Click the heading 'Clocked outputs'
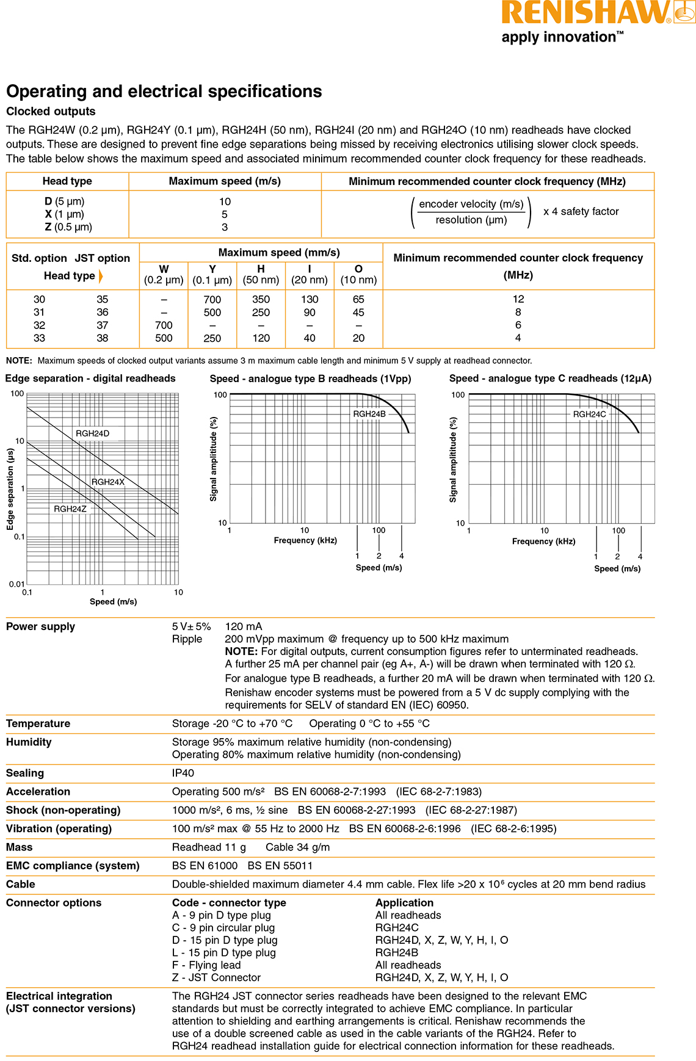pyautogui.click(x=51, y=111)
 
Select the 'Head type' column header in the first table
pyautogui.click(x=67, y=181)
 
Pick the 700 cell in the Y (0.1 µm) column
pyautogui.click(x=212, y=300)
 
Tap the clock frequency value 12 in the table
pyautogui.click(x=518, y=299)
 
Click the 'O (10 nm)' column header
pyautogui.click(x=358, y=275)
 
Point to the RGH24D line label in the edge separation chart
pyautogui.click(x=92, y=433)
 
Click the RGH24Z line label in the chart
pyautogui.click(x=70, y=509)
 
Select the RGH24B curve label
pyautogui.click(x=369, y=414)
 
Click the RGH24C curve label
pyautogui.click(x=589, y=414)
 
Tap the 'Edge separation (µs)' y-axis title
pyautogui.click(x=10, y=489)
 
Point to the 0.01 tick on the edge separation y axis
pyautogui.click(x=16, y=584)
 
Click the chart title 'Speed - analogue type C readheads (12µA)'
pyautogui.click(x=550, y=378)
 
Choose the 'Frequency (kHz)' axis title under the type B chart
pyautogui.click(x=305, y=540)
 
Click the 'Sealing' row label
pyautogui.click(x=25, y=773)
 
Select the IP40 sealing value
pyautogui.click(x=183, y=773)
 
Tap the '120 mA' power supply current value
pyautogui.click(x=244, y=626)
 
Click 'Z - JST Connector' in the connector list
pyautogui.click(x=216, y=977)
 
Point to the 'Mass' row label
pyautogui.click(x=20, y=847)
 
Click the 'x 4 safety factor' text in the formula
pyautogui.click(x=581, y=211)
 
